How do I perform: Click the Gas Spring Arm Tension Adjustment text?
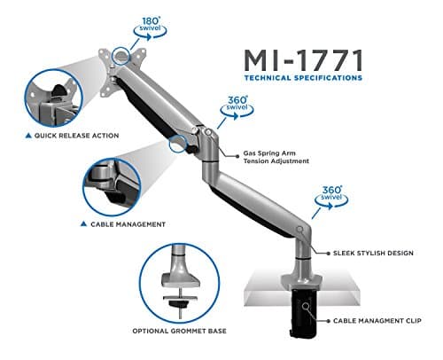pyautogui.click(x=276, y=158)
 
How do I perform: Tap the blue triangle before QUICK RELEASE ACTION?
pyautogui.click(x=17, y=137)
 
